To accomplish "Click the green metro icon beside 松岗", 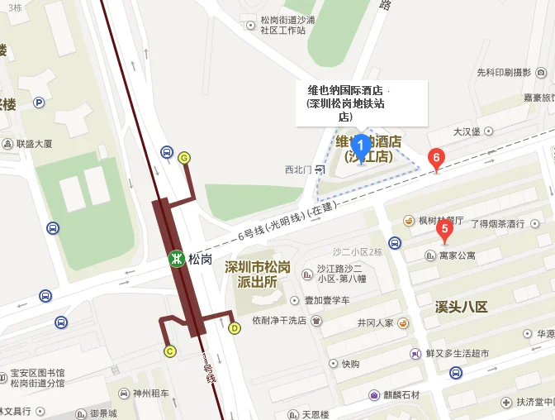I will click(176, 259).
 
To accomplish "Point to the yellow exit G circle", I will click(183, 158).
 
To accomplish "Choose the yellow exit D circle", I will click(235, 328).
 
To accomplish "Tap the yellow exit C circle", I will click(170, 351).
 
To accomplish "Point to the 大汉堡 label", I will click(467, 131).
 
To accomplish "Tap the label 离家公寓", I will click(458, 255).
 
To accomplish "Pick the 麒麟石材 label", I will click(400, 394).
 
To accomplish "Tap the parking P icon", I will click(39, 103).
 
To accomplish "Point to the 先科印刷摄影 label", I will click(503, 72).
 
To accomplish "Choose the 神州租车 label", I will click(150, 394).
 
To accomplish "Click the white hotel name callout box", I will click(362, 103).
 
